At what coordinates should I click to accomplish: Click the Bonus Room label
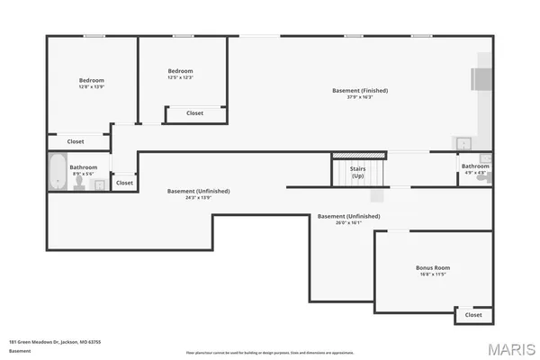(x=433, y=268)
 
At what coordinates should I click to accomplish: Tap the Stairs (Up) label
(x=357, y=172)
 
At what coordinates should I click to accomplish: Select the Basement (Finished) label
(x=359, y=91)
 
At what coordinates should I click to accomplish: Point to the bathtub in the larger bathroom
(x=57, y=173)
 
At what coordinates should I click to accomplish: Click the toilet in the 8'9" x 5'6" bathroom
(x=79, y=183)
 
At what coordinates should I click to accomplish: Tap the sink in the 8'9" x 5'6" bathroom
(x=99, y=184)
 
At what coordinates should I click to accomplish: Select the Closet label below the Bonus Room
(x=473, y=315)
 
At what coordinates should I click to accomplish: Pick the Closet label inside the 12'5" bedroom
(x=194, y=112)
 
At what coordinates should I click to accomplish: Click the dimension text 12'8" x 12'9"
(x=91, y=87)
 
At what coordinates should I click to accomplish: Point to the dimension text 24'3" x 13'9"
(x=198, y=197)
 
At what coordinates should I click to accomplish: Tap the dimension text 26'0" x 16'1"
(x=348, y=222)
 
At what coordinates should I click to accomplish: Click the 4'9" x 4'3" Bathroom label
(x=475, y=166)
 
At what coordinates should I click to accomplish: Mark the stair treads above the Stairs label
(x=359, y=156)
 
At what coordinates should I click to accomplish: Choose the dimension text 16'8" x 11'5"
(x=433, y=274)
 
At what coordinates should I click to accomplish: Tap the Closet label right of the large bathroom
(x=124, y=183)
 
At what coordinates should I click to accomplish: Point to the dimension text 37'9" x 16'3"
(x=359, y=97)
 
